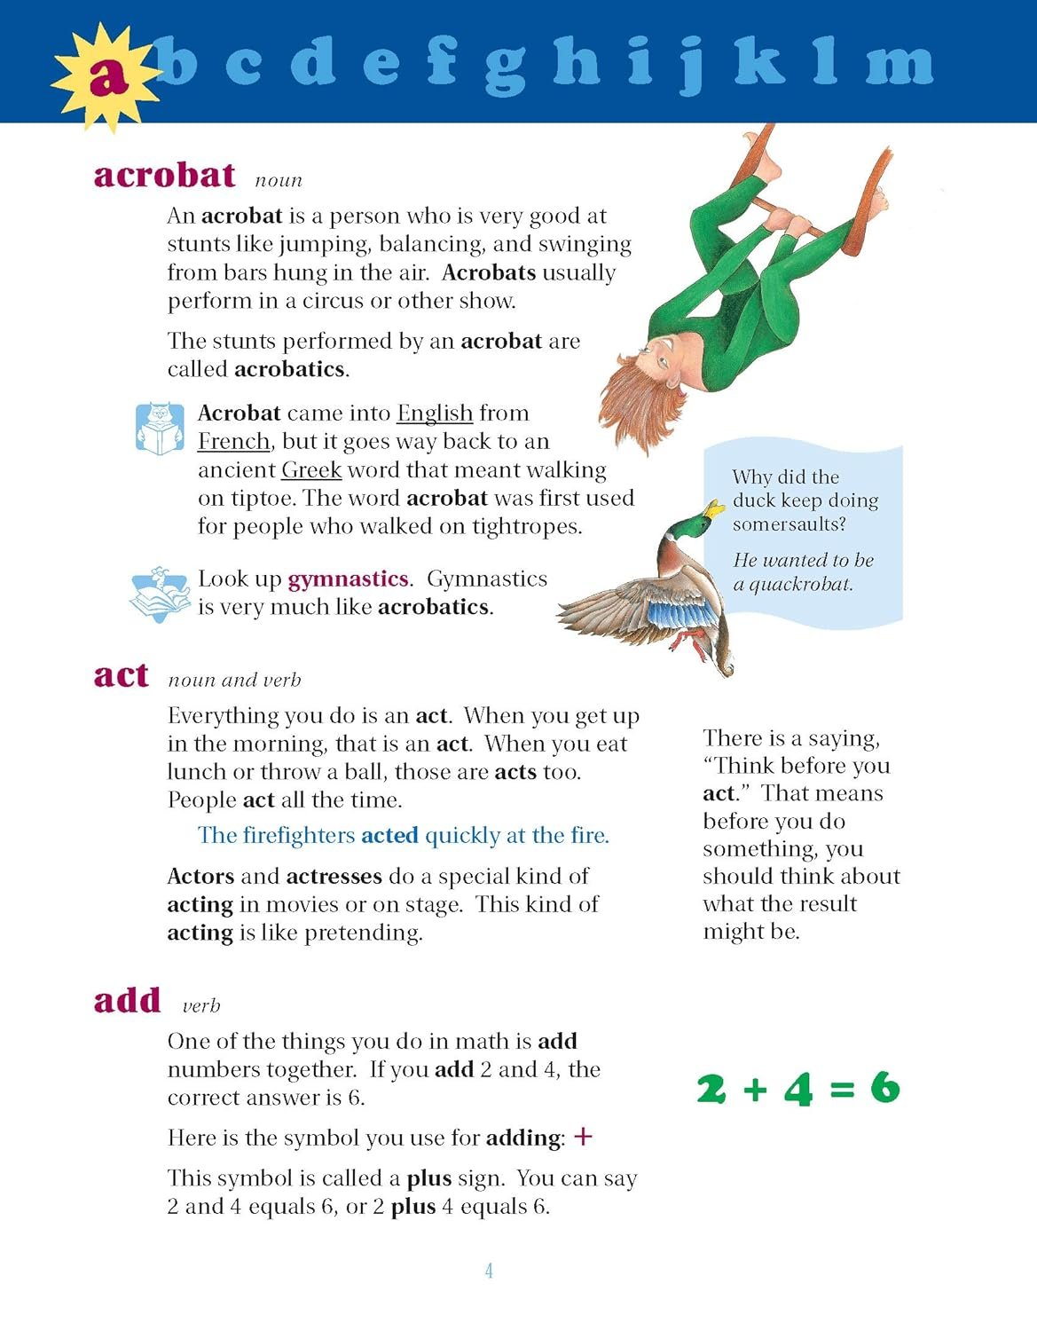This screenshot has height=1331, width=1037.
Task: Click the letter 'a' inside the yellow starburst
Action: (108, 78)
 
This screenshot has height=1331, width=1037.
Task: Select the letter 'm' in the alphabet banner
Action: (900, 64)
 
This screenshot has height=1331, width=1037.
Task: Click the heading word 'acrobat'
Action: (165, 175)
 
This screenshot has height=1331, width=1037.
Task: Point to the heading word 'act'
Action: (121, 675)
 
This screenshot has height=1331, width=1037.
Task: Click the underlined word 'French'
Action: (233, 442)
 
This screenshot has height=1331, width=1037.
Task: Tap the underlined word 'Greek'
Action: (311, 470)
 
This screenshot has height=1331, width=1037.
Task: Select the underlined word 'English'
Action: (435, 413)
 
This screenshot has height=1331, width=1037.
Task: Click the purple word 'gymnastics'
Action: (348, 579)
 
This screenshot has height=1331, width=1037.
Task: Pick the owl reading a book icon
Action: (160, 429)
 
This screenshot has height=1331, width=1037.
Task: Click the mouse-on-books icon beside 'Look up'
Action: (160, 594)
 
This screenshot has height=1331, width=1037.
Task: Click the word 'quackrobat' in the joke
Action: (801, 585)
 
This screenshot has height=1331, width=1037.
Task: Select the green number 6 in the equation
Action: (884, 1088)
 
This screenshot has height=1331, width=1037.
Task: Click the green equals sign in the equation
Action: (841, 1090)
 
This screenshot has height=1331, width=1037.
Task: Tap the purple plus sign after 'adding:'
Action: (583, 1137)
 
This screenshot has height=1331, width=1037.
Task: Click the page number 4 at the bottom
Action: (489, 1271)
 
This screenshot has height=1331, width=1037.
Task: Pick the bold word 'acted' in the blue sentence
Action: (389, 836)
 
